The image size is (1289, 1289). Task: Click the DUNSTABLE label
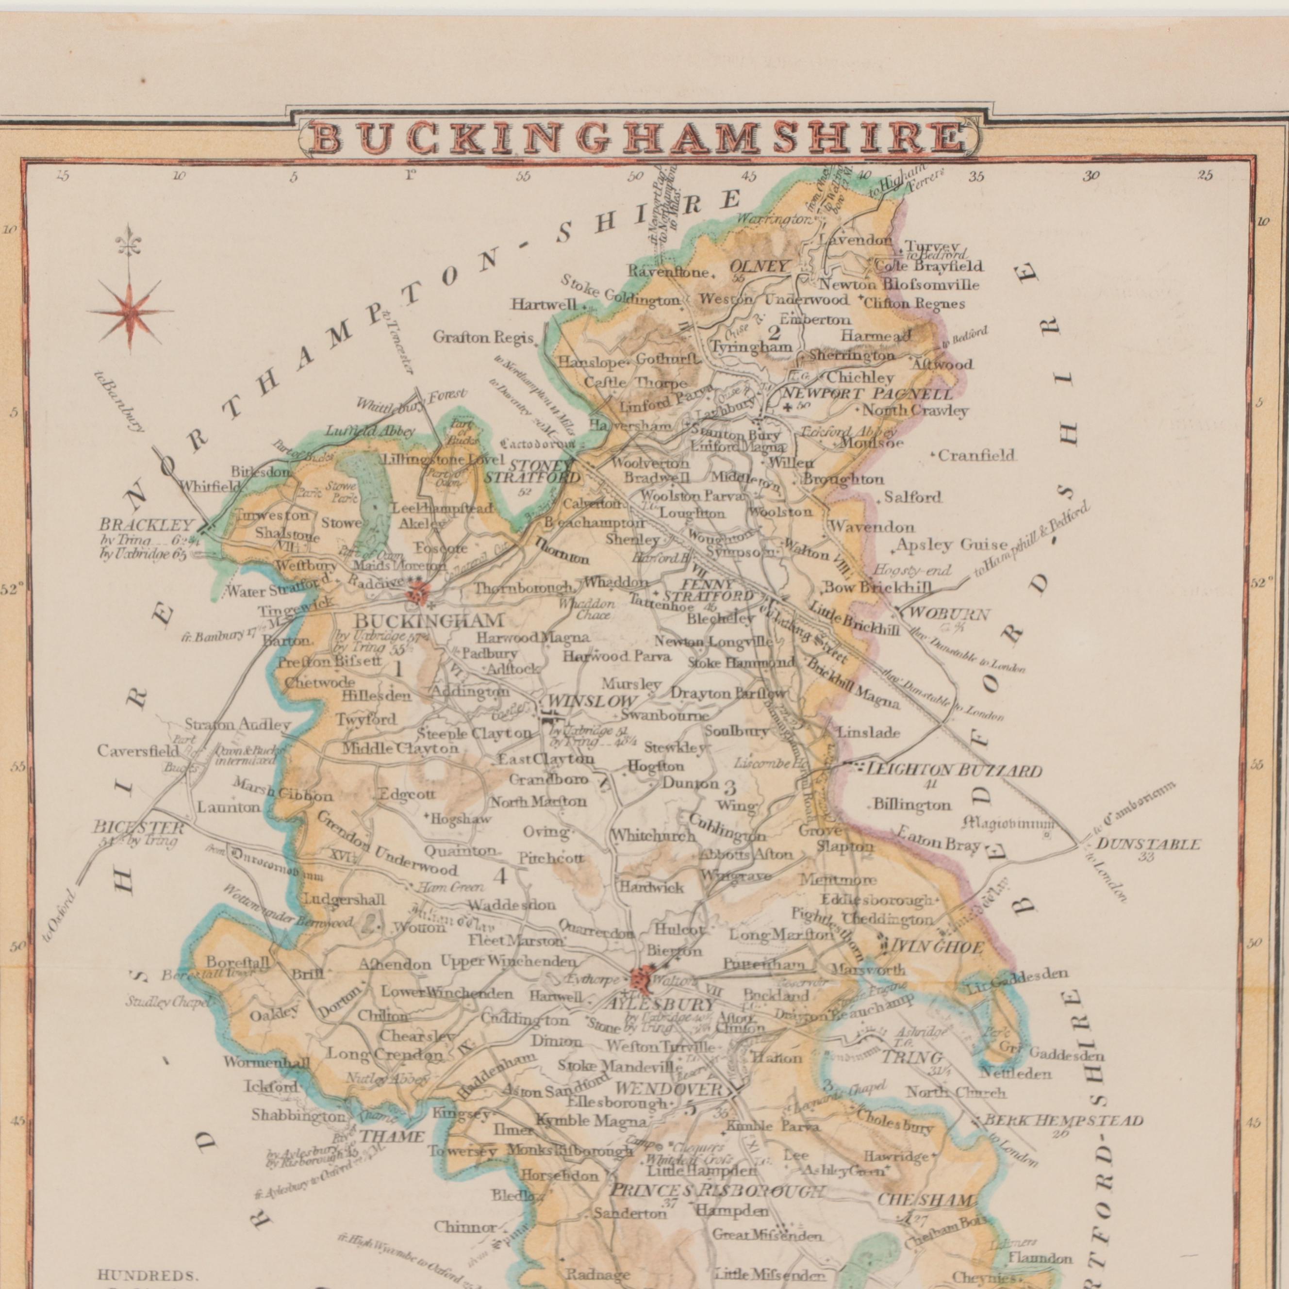coord(1148,844)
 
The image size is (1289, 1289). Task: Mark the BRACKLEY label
coord(146,525)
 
